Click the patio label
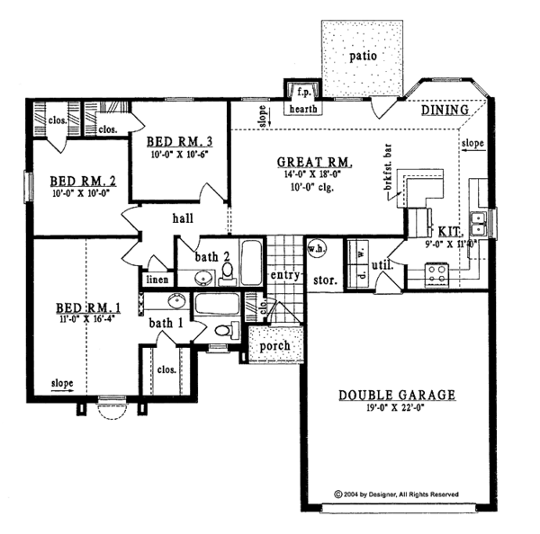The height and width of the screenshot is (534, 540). [363, 56]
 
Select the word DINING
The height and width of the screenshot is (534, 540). [445, 110]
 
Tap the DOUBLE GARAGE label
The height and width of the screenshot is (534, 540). [397, 396]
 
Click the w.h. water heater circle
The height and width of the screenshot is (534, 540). [317, 249]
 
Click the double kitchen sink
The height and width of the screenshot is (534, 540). [483, 218]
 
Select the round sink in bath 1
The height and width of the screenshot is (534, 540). [177, 301]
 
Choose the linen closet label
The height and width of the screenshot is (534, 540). [156, 280]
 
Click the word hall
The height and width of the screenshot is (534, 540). [184, 218]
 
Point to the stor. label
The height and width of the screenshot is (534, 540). [324, 280]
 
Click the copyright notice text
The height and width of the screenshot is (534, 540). [396, 494]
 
